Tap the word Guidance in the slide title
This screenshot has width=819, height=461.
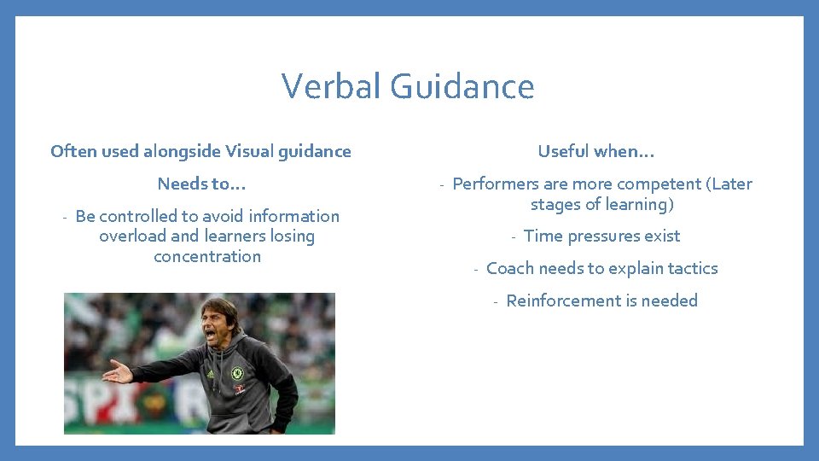(462, 86)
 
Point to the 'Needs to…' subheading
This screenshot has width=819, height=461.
(201, 184)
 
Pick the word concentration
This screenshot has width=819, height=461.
(207, 256)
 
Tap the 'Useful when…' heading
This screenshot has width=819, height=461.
(595, 151)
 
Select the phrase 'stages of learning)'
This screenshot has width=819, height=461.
(602, 204)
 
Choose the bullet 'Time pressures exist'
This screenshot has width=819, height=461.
(601, 236)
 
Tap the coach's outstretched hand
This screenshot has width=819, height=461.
(116, 372)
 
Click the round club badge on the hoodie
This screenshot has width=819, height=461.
(237, 373)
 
